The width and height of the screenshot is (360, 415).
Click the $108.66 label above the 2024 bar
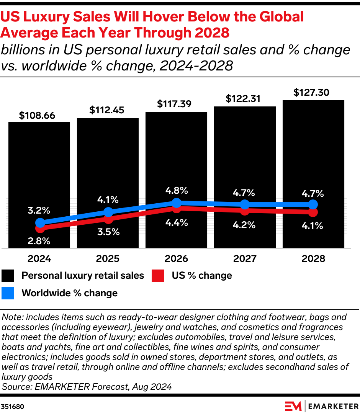37,115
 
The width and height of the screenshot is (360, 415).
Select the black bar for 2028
313,153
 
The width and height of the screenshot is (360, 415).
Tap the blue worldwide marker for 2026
177,203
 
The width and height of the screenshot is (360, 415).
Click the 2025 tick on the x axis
108,258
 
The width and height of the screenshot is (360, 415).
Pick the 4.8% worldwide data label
177,190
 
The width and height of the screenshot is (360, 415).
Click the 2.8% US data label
39,241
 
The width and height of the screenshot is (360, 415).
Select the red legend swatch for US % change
158,276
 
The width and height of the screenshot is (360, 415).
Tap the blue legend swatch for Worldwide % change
8,293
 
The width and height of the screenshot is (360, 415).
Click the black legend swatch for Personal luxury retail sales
8,276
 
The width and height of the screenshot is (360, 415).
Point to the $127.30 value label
311,93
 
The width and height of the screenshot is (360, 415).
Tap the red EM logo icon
293,406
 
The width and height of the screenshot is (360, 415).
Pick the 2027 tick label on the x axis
245,258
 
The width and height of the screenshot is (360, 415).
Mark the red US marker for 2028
313,212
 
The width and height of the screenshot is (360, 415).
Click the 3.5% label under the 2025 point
108,232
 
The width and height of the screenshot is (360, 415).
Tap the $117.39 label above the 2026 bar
174,104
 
